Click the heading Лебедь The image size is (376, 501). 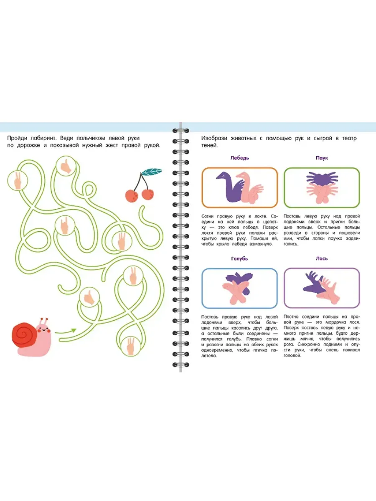239,158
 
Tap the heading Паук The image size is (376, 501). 322,158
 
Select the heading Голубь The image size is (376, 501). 239,258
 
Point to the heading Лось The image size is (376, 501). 322,258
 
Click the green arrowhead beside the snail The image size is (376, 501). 74,330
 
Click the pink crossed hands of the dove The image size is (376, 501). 237,293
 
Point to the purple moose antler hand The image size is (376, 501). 314,282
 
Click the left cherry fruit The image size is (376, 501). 132,196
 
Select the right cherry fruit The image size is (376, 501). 148,194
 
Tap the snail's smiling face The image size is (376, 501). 44,329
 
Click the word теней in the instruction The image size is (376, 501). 209,146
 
